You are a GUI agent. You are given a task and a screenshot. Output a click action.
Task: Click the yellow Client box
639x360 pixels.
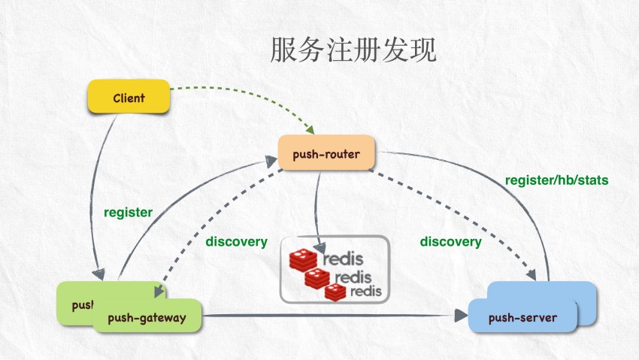129,98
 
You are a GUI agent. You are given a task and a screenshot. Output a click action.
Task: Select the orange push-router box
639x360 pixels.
326,156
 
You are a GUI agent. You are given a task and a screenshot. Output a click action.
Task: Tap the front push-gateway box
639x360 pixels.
148,318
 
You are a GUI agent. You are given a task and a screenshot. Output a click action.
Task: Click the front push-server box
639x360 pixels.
522,318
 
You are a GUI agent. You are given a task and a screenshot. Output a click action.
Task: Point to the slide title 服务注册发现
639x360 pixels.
353,50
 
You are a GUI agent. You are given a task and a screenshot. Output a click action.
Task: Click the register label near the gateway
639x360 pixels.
128,212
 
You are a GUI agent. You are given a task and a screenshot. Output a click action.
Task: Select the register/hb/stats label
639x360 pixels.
556,180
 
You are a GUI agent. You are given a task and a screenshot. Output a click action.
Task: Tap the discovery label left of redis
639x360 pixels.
236,241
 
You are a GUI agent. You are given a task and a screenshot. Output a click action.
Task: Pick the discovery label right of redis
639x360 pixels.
450,241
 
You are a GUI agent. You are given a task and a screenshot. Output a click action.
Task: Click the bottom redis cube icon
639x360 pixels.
335,291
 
